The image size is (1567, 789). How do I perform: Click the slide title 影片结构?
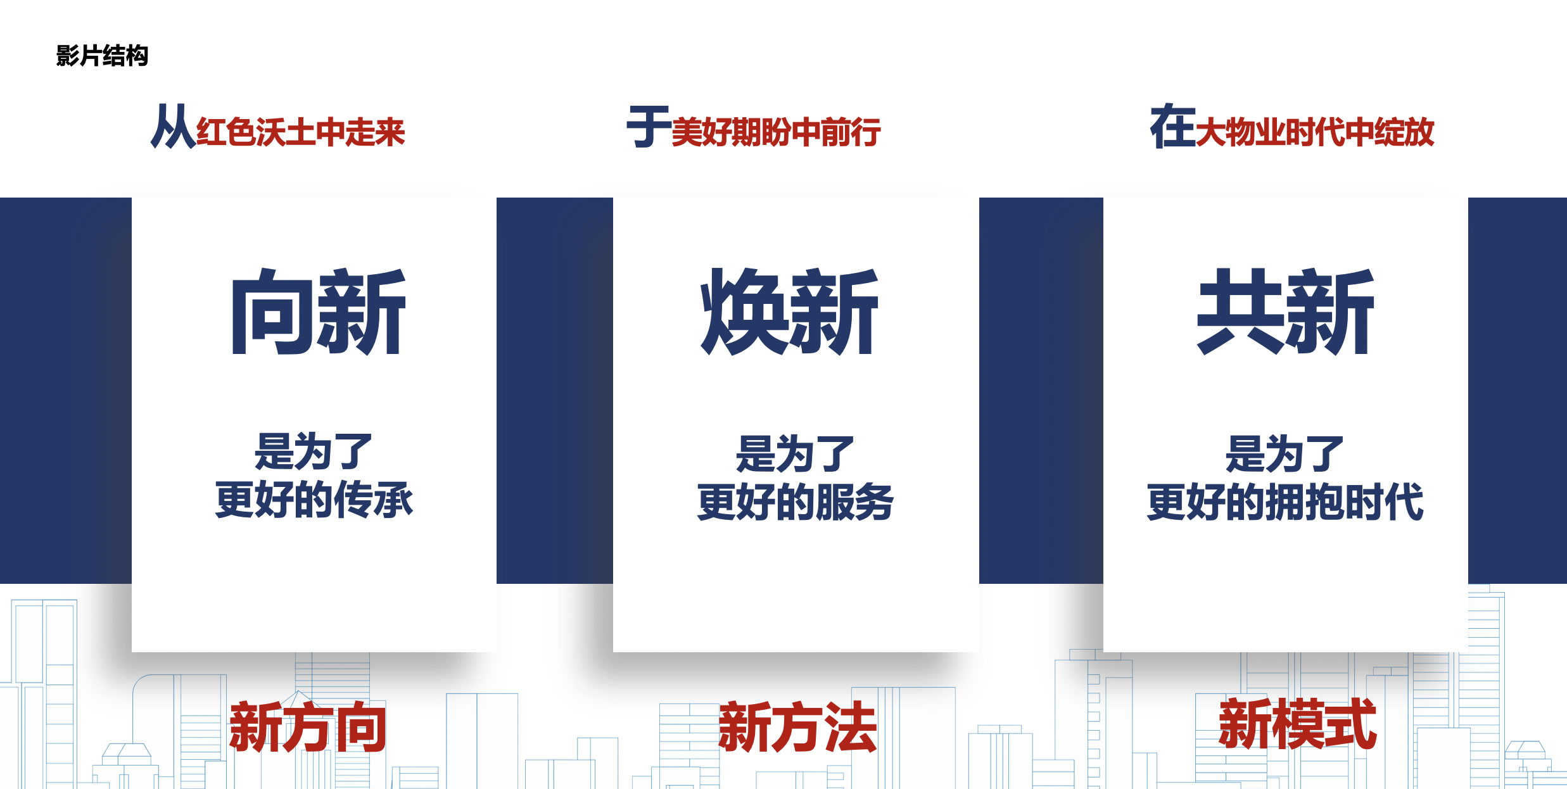(102, 56)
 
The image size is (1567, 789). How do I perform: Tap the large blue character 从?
(173, 127)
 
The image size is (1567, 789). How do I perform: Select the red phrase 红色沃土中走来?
(301, 132)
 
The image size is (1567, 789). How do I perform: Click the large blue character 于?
(649, 127)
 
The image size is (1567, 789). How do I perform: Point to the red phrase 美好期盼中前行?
(776, 132)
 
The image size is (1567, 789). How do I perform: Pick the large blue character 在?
(1172, 127)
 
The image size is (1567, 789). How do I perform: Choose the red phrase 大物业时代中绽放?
(1315, 132)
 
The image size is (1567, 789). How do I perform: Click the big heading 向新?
(318, 311)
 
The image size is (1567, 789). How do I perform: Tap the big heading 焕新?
(789, 311)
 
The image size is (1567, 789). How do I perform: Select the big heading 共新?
(1285, 311)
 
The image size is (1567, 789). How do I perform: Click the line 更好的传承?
(314, 499)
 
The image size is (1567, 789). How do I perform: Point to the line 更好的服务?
(796, 502)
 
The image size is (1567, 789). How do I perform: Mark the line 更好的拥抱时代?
(1285, 502)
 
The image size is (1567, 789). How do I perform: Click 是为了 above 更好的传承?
(314, 451)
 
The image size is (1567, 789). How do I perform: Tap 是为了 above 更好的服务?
(795, 454)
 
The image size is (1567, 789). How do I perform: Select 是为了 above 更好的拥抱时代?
(1285, 454)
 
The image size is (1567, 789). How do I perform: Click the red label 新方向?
(308, 727)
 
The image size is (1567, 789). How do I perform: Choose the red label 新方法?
(798, 727)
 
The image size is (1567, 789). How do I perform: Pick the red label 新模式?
(1298, 724)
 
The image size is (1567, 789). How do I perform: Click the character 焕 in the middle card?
(744, 311)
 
